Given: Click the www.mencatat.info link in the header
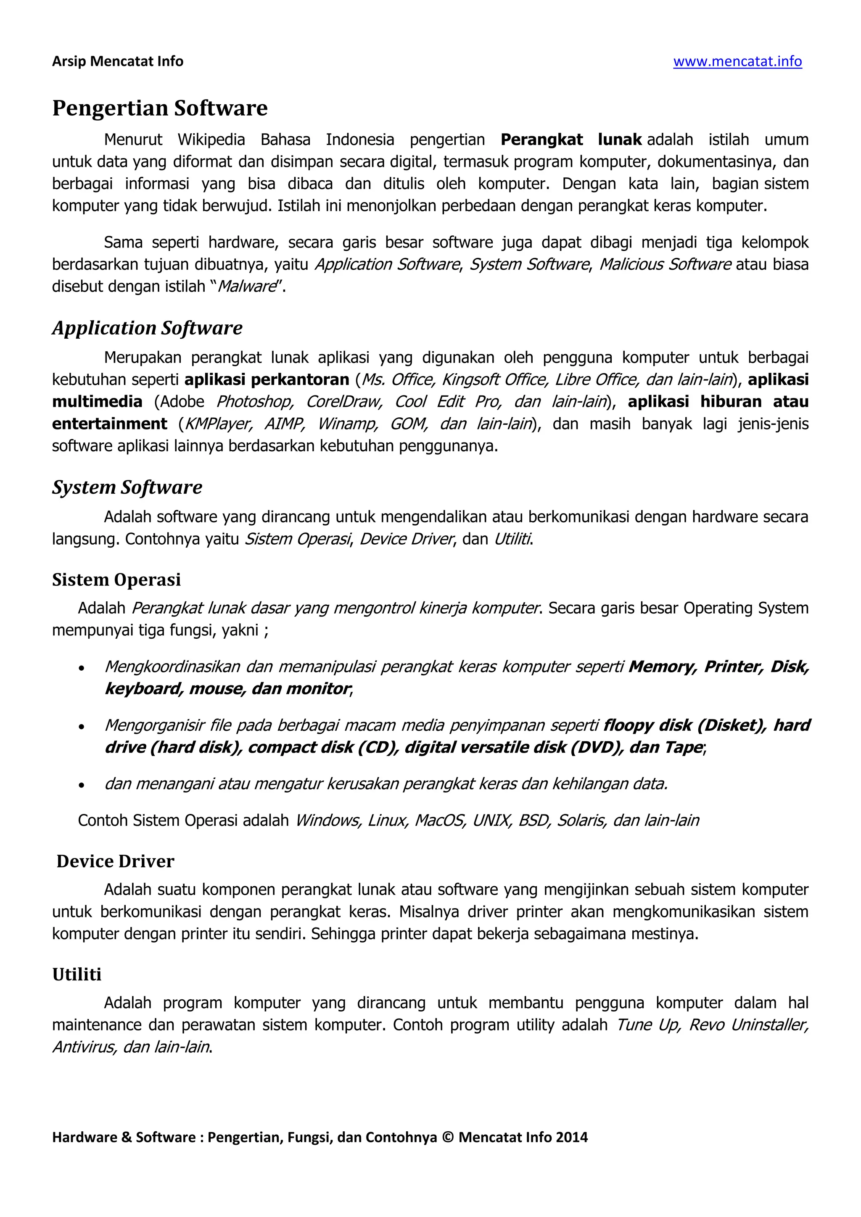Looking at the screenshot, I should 737,61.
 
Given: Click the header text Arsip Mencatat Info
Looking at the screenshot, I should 118,61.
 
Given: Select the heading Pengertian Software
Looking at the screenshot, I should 160,108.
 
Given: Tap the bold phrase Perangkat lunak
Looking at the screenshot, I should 570,140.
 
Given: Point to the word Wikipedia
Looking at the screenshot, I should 211,140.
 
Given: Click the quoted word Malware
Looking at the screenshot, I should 247,286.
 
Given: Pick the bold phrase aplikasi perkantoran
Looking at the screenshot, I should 267,379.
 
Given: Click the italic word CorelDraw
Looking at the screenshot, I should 344,402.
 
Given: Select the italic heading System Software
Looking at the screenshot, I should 127,487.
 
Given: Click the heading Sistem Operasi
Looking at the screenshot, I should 116,580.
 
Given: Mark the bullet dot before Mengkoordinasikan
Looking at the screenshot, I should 81,669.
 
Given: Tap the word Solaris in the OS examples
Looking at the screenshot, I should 581,821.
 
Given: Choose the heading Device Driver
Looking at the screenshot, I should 115,861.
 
